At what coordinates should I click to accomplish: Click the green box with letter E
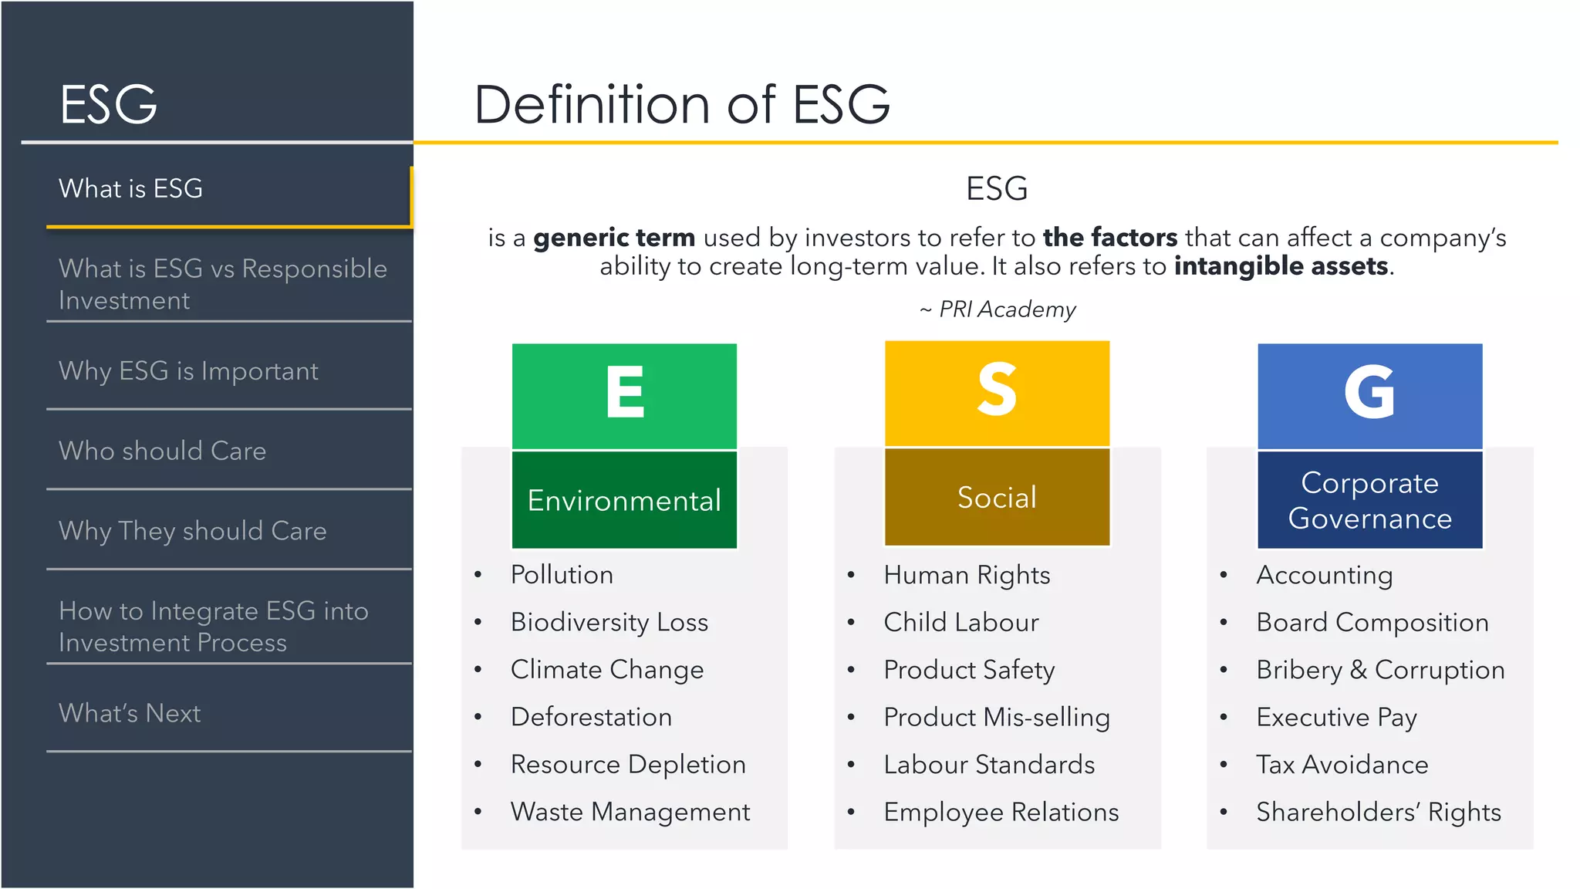[624, 395]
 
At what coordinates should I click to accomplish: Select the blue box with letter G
[1369, 395]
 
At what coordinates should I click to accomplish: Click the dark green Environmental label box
[624, 500]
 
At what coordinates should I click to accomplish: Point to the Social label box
[997, 497]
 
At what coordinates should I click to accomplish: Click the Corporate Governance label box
[1369, 500]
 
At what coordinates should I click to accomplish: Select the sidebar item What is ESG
[131, 188]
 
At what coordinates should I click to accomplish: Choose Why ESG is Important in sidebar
[188, 371]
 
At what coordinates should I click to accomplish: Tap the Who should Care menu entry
[162, 451]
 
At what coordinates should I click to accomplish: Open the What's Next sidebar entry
[130, 713]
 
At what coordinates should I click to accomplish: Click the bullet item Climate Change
[607, 670]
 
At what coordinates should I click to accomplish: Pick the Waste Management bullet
[630, 812]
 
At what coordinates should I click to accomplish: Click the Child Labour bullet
[961, 623]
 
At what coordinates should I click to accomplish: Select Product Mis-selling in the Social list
[997, 718]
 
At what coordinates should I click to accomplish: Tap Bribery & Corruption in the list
[1380, 670]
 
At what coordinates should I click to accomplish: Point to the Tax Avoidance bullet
[1342, 765]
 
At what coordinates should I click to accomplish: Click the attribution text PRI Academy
[1006, 309]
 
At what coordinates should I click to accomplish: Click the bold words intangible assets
[1281, 266]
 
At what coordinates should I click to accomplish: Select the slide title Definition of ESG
[682, 104]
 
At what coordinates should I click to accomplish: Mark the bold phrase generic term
[614, 238]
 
